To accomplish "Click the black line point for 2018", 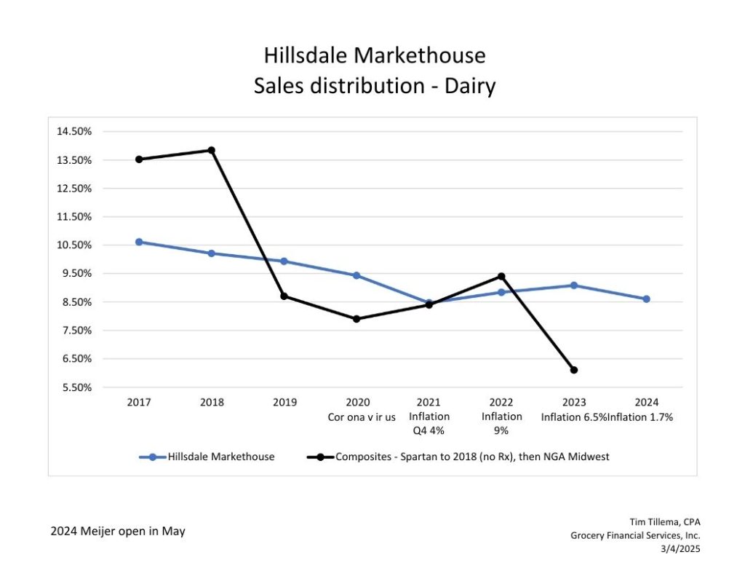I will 211,150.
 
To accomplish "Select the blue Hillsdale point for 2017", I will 139,242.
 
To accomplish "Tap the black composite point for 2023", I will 574,370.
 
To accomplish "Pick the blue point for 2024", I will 646,299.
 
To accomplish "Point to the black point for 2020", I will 356,319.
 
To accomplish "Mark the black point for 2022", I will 501,276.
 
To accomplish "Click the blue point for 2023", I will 574,285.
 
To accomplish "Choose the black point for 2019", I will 284,296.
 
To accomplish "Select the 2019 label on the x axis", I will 284,402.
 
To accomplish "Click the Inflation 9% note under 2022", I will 501,423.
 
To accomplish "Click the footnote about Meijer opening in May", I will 118,531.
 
